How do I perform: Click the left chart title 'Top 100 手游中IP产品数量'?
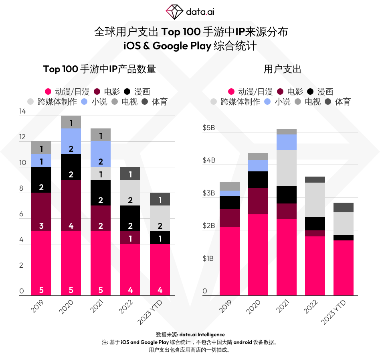[x=99, y=69]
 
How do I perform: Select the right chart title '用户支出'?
[x=282, y=69]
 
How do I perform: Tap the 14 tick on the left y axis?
[x=22, y=112]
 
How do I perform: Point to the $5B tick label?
[x=208, y=128]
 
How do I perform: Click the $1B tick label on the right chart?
[x=208, y=258]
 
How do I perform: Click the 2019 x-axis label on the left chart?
[x=37, y=307]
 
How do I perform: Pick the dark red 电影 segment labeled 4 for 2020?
[x=71, y=205]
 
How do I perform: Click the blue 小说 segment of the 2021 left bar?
[x=101, y=154]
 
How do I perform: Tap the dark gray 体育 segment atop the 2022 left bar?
[x=130, y=173]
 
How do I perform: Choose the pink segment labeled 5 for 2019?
[x=41, y=263]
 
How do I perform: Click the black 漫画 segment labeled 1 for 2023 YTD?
[x=160, y=238]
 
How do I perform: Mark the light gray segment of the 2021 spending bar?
[x=287, y=168]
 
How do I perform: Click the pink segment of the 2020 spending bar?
[x=258, y=255]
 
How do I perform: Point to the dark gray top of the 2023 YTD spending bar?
[x=344, y=207]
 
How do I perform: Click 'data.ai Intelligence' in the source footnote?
[x=202, y=334]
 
